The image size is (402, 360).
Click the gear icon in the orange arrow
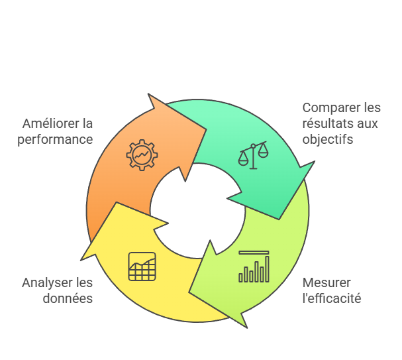tap(142, 155)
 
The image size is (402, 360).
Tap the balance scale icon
tap(253, 155)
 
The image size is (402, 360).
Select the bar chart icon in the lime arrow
tap(254, 267)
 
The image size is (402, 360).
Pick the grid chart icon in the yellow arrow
tap(142, 267)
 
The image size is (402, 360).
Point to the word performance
tap(55, 140)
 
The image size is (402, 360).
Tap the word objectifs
tap(328, 140)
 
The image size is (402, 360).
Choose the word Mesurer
tap(327, 283)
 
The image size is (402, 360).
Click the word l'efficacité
tap(332, 298)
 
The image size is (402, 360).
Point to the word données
tap(68, 298)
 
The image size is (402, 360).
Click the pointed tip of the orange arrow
tap(207, 129)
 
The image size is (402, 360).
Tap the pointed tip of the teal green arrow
tap(279, 219)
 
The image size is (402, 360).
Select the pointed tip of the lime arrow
tap(189, 292)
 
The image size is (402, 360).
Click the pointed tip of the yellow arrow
tap(117, 202)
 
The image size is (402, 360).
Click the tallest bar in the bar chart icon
tap(267, 269)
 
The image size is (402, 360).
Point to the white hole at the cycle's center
tap(197, 211)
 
